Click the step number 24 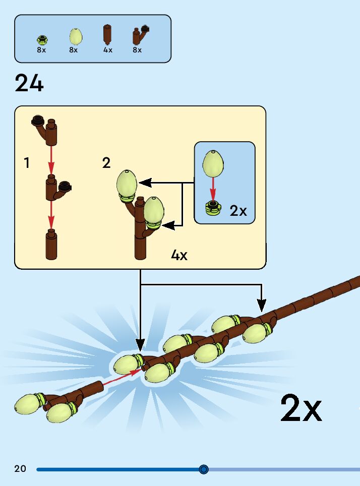pyautogui.click(x=29, y=83)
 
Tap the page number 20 pyautogui.click(x=20, y=469)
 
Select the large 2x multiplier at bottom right pyautogui.click(x=301, y=408)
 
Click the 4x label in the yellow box pyautogui.click(x=179, y=255)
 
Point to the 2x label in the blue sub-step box pyautogui.click(x=238, y=211)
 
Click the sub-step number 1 pyautogui.click(x=27, y=163)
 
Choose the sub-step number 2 pyautogui.click(x=106, y=163)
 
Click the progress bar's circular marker pyautogui.click(x=204, y=469)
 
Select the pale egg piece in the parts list pyautogui.click(x=75, y=36)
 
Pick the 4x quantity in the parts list pyautogui.click(x=108, y=50)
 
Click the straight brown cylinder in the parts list pyautogui.click(x=107, y=35)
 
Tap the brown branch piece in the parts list pyautogui.click(x=140, y=35)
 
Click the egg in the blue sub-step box pyautogui.click(x=213, y=163)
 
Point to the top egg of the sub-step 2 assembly pyautogui.click(x=127, y=183)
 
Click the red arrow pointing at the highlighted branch pyautogui.click(x=122, y=379)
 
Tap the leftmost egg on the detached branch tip pyautogui.click(x=27, y=404)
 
